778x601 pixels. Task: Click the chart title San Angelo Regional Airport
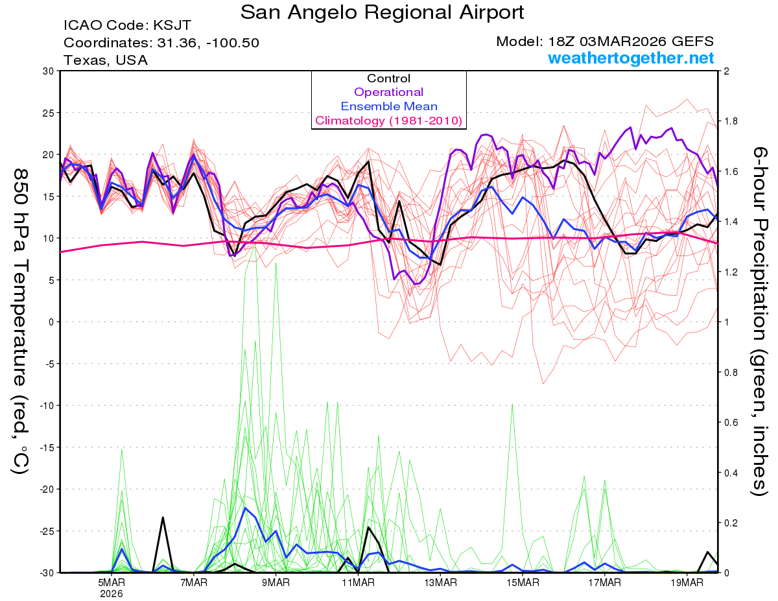[383, 12]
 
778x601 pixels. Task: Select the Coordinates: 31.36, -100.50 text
[161, 43]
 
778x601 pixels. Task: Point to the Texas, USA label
[106, 60]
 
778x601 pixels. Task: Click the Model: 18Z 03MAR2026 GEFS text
[605, 41]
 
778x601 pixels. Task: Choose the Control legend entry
[388, 78]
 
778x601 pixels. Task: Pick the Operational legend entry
[388, 92]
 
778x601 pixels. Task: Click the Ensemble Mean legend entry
[388, 106]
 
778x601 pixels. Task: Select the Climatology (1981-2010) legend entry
[388, 121]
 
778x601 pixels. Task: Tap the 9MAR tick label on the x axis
[276, 582]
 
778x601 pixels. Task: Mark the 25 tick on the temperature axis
[47, 113]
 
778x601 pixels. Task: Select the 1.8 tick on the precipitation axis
[731, 121]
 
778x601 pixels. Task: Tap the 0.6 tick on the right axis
[731, 422]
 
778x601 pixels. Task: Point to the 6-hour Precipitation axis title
[759, 322]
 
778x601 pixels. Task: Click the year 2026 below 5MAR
[112, 593]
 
